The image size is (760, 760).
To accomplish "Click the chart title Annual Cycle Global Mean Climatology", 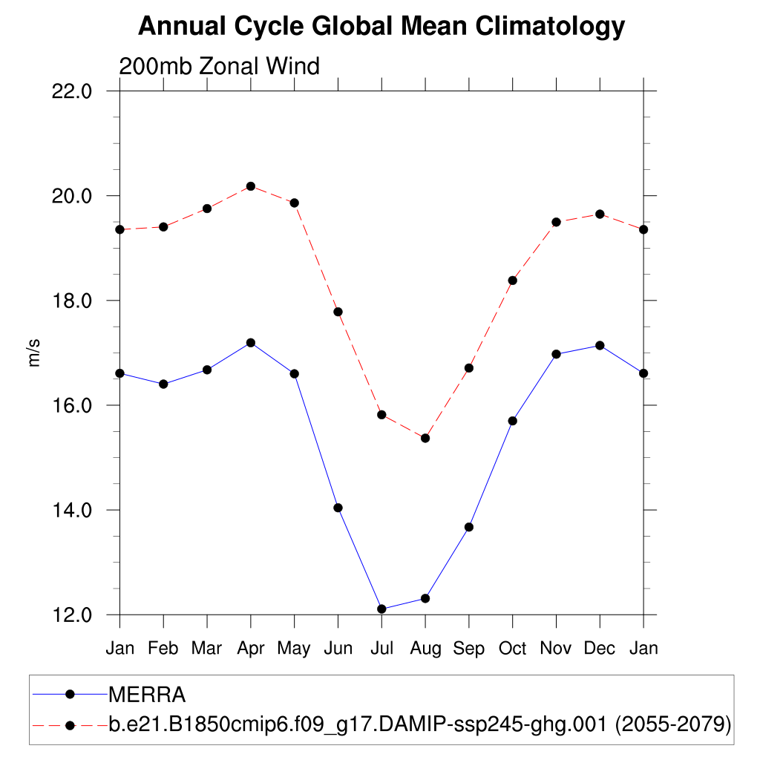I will pyautogui.click(x=381, y=27).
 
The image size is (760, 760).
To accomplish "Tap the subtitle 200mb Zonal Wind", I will pyautogui.click(x=219, y=66).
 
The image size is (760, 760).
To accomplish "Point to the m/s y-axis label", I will pyautogui.click(x=34, y=352).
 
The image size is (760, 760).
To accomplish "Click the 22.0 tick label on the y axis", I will pyautogui.click(x=73, y=91).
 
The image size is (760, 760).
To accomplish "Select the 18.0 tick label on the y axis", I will pyautogui.click(x=73, y=301).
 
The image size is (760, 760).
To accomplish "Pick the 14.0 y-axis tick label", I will pyautogui.click(x=73, y=510).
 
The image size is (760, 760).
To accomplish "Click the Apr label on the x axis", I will pyautogui.click(x=251, y=648).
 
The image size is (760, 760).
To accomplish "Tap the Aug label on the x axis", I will pyautogui.click(x=425, y=648).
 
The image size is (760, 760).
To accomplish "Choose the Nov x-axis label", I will pyautogui.click(x=556, y=648).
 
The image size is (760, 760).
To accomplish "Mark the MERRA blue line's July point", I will pyautogui.click(x=381, y=609).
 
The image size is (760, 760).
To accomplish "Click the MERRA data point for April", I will pyautogui.click(x=251, y=343).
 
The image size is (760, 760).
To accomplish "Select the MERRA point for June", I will pyautogui.click(x=338, y=508).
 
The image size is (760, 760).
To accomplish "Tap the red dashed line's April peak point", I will pyautogui.click(x=251, y=186).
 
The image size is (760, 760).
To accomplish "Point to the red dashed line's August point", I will pyautogui.click(x=425, y=438).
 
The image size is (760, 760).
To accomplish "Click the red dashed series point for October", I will pyautogui.click(x=512, y=281).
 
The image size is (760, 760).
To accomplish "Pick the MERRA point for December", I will pyautogui.click(x=600, y=345).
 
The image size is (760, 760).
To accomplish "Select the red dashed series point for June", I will pyautogui.click(x=338, y=312).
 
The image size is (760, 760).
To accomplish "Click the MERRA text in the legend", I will pyautogui.click(x=147, y=695).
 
